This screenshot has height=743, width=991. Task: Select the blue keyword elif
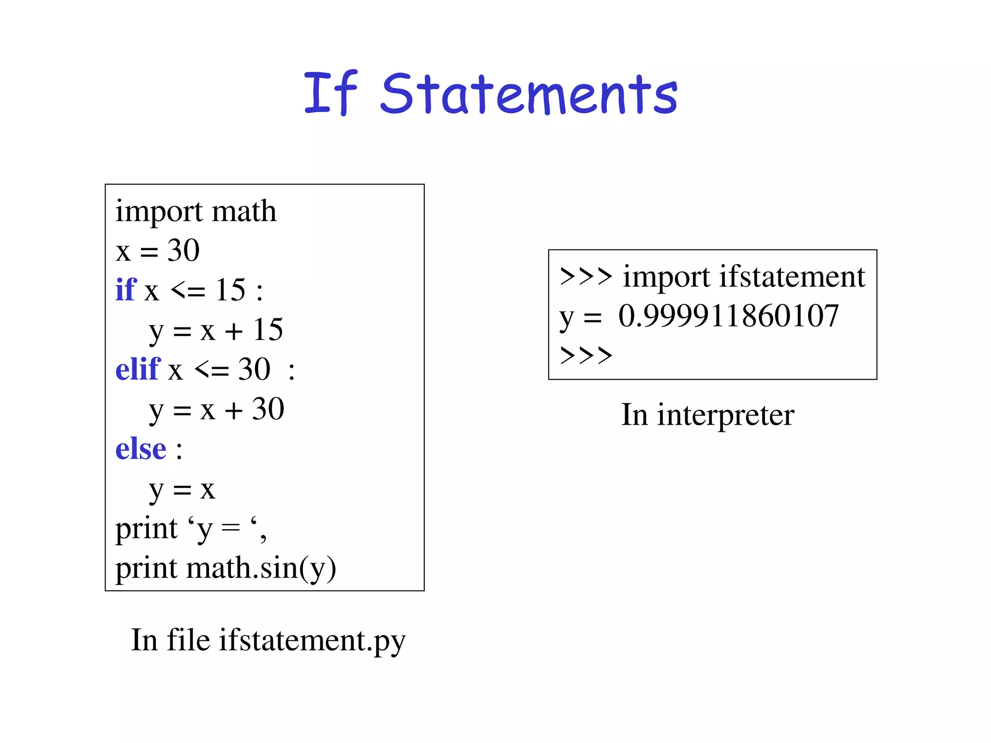[x=137, y=370]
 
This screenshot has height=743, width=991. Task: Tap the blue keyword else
[x=140, y=449]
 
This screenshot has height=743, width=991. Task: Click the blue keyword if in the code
[x=126, y=290]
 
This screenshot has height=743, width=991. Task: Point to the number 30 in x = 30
[x=183, y=251]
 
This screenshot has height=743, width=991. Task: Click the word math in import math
[x=244, y=211]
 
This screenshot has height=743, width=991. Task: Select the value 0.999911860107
[x=728, y=316]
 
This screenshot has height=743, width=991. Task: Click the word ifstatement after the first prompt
[x=792, y=277]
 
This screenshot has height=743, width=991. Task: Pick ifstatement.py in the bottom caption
[x=312, y=640]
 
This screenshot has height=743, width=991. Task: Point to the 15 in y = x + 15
[x=268, y=330]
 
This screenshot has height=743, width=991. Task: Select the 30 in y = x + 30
[x=268, y=409]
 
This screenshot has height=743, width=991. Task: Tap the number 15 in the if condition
[x=230, y=290]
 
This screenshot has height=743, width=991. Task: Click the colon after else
[x=179, y=450]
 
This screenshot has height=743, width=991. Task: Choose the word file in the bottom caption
[x=188, y=640]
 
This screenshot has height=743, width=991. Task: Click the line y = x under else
[x=181, y=490]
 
